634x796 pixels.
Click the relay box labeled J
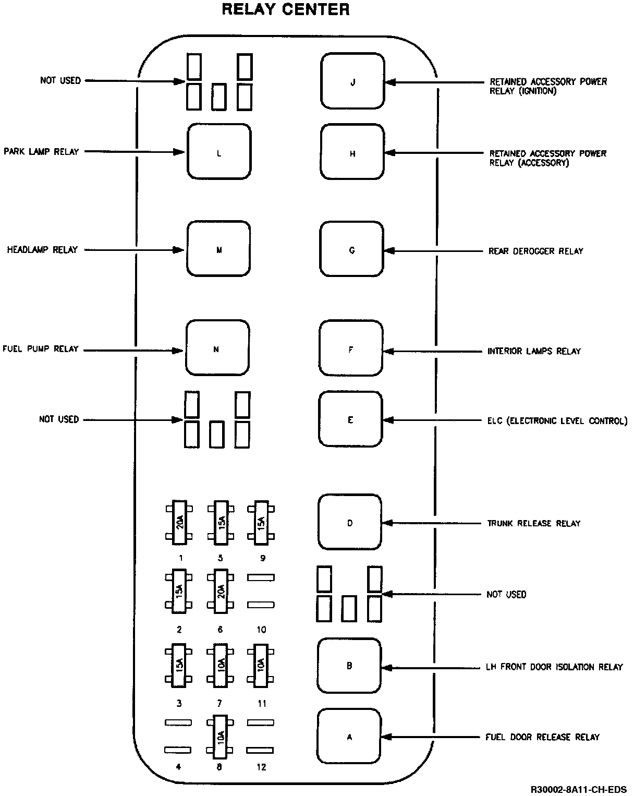click(352, 81)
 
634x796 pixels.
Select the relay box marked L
click(219, 152)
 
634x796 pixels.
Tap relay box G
click(352, 249)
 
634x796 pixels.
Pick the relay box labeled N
click(217, 348)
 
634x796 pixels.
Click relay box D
click(350, 522)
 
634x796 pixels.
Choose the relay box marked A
click(349, 736)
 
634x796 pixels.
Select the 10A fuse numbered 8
click(221, 737)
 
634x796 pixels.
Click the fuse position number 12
click(261, 767)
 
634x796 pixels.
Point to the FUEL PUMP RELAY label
click(41, 348)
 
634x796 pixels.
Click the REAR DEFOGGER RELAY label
click(535, 251)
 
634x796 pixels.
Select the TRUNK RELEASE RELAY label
click(533, 523)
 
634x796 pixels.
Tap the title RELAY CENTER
click(286, 9)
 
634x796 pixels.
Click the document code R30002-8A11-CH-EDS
click(579, 789)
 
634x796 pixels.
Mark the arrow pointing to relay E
click(433, 420)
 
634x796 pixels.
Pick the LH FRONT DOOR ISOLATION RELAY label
click(554, 667)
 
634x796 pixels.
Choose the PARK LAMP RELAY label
click(41, 152)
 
